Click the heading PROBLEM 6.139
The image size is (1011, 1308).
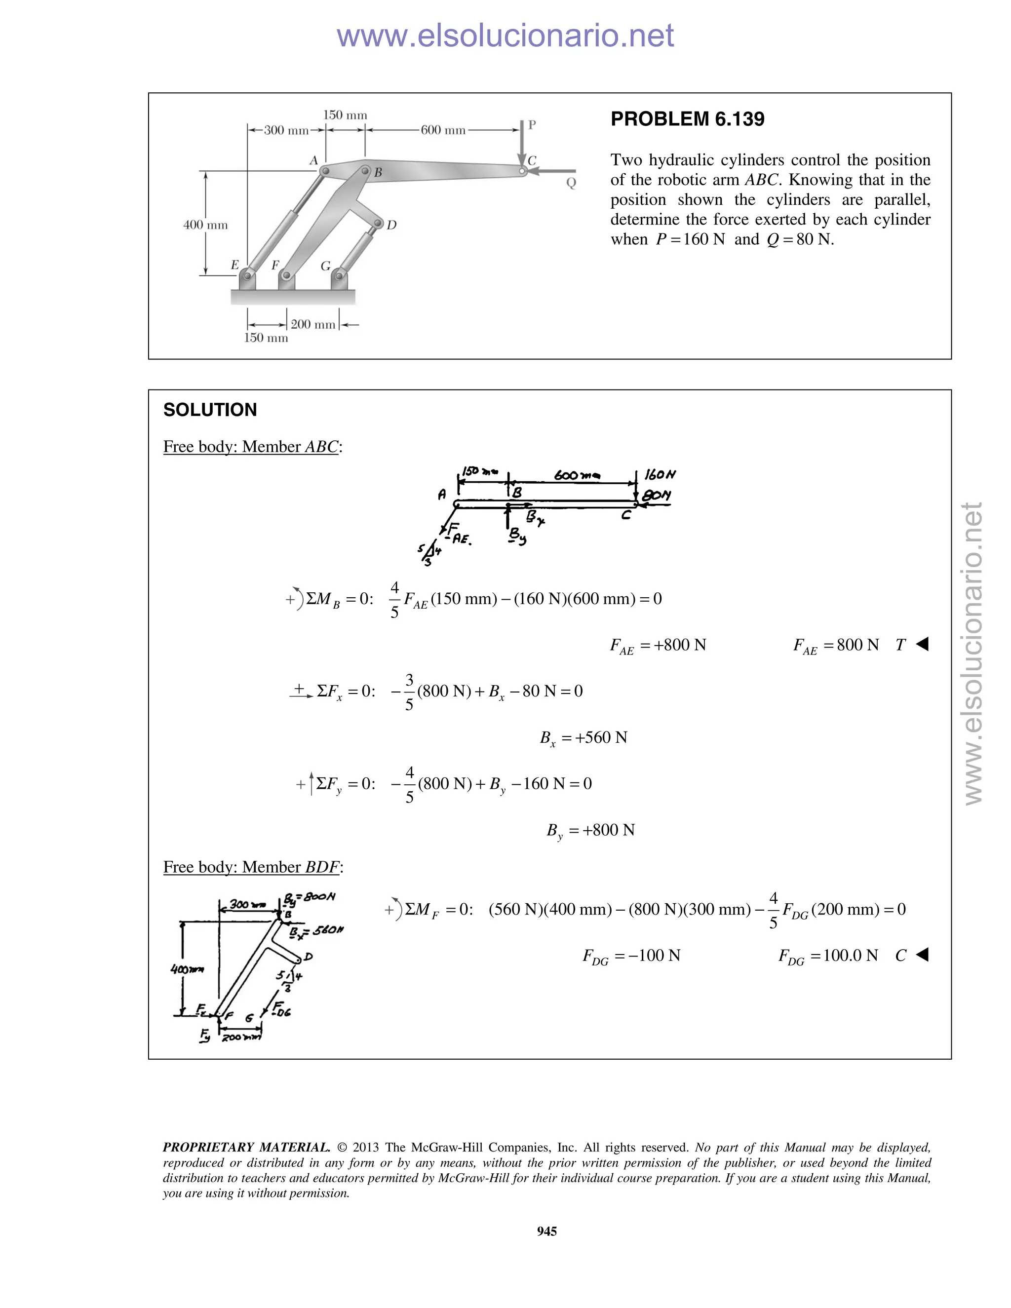[687, 119]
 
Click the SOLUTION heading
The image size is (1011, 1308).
[210, 410]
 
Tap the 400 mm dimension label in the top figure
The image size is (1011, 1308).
[205, 225]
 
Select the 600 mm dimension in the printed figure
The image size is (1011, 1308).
[443, 130]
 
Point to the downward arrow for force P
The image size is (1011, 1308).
[522, 144]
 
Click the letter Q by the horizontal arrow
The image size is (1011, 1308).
[571, 183]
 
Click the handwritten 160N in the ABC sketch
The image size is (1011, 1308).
[660, 475]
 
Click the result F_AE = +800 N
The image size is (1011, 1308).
[658, 646]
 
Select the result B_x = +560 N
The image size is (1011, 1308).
[583, 738]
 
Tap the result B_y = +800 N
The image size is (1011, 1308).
[590, 831]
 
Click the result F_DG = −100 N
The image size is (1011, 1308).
[631, 956]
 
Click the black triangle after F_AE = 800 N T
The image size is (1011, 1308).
[922, 645]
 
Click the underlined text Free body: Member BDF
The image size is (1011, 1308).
[253, 867]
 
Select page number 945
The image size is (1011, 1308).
[547, 1231]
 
